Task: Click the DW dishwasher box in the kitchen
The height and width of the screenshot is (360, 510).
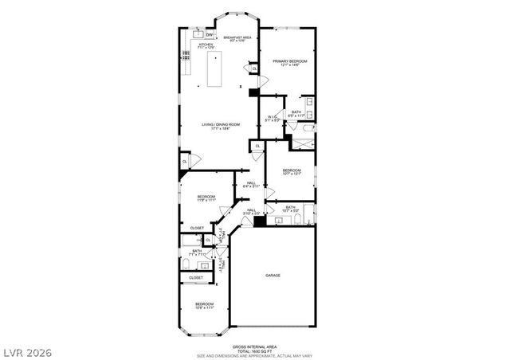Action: tap(209, 35)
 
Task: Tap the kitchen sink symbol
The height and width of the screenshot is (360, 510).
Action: tap(196, 34)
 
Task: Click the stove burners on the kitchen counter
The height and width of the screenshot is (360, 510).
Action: tap(186, 57)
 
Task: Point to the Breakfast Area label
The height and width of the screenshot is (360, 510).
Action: tap(237, 38)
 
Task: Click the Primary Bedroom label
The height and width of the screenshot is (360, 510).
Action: tap(290, 63)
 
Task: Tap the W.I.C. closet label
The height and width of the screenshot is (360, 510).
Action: tap(272, 119)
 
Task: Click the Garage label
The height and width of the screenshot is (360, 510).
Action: tap(273, 276)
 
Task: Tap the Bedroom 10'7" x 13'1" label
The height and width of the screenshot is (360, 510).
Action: tap(292, 171)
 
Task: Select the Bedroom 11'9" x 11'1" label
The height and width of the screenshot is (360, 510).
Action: tap(206, 198)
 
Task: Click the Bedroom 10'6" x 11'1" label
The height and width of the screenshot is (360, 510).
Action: tap(205, 306)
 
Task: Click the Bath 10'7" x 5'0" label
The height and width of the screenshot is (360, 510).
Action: tap(290, 209)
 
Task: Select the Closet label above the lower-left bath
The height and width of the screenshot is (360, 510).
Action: tap(196, 228)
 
